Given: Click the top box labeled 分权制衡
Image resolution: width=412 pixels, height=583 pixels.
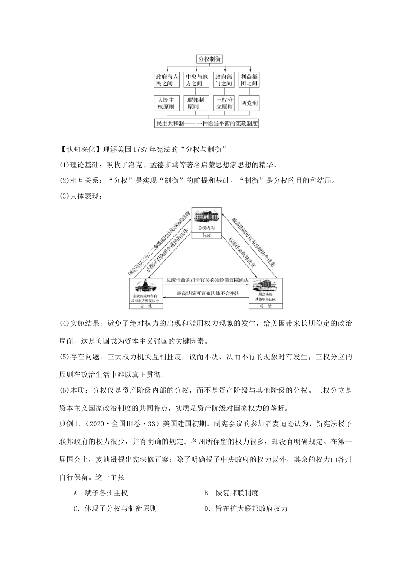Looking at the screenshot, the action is pos(209,59).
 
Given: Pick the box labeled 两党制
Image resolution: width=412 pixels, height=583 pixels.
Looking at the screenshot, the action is pos(249,103).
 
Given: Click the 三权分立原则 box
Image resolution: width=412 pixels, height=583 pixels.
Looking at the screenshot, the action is pos(224,103).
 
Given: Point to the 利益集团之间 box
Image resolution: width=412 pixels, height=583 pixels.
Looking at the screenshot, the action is pos(249,80).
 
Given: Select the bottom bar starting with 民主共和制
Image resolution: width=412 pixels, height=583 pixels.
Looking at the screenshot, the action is pos(207,124).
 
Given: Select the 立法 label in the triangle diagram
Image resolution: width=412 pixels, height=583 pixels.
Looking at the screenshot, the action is pos(145,306).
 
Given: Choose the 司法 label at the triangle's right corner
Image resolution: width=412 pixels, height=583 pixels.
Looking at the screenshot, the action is pos(266,306).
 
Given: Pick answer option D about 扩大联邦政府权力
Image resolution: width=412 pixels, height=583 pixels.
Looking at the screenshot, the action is pos(245,509).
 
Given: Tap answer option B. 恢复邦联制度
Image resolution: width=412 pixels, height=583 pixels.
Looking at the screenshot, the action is pos(231,493).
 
